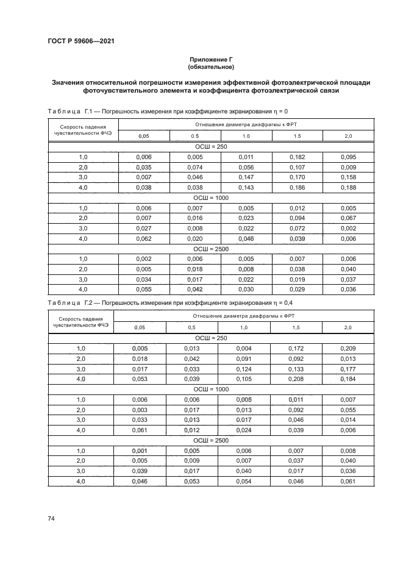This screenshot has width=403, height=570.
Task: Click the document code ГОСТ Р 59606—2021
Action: pyautogui.click(x=81, y=41)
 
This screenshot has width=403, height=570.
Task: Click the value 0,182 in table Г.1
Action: pyautogui.click(x=297, y=157)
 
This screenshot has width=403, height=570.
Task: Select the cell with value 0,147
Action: pyautogui.click(x=246, y=176)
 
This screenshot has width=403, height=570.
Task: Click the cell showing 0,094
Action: pyautogui.click(x=297, y=218)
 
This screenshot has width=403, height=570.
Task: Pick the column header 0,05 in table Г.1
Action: pyautogui.click(x=144, y=136)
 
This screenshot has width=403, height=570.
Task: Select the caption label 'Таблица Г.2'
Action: pyautogui.click(x=69, y=302)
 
